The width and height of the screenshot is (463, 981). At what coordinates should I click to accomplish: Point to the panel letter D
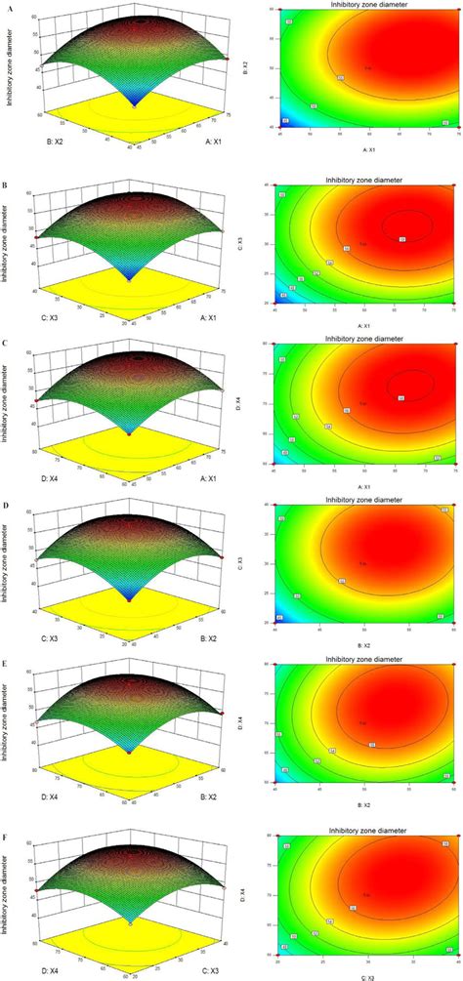(6, 506)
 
